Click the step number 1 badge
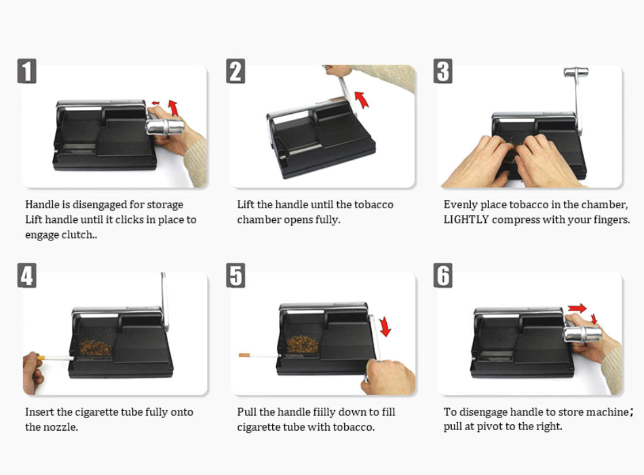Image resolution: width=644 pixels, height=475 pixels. [x=26, y=71]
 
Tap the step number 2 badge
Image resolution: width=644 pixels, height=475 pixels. [x=236, y=71]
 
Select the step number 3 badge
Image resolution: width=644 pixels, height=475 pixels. [x=443, y=71]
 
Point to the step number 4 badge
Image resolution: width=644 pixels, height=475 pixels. [x=26, y=275]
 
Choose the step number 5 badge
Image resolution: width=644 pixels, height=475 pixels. [x=236, y=275]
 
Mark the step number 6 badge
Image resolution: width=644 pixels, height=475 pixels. [x=443, y=275]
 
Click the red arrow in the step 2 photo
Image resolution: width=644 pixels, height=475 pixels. [x=361, y=99]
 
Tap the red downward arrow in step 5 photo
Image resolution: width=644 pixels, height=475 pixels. [x=385, y=327]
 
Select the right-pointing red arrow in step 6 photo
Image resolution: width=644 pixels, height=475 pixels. [x=577, y=308]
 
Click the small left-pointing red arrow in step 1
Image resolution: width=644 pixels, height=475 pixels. [x=155, y=103]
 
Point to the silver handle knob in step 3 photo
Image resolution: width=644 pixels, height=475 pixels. [x=576, y=72]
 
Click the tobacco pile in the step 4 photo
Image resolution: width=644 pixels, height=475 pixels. [x=95, y=347]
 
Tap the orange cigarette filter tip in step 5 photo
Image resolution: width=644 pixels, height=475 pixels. [x=244, y=355]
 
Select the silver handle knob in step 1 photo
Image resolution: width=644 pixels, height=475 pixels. [x=165, y=127]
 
